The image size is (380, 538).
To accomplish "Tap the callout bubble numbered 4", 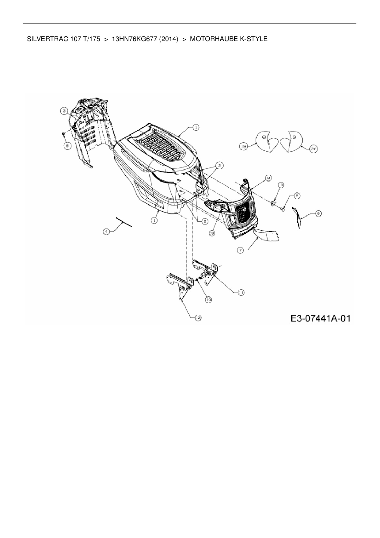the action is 106,232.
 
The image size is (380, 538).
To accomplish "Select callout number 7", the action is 240,250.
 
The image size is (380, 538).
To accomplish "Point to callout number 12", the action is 198,318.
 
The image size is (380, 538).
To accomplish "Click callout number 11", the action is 241,293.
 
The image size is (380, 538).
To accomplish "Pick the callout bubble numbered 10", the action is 208,300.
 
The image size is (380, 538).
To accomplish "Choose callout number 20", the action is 313,149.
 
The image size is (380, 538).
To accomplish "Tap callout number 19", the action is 244,147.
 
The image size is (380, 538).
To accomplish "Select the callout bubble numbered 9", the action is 268,177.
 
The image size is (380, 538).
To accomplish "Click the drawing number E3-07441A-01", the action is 320,318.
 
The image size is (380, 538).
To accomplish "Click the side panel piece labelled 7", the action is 267,235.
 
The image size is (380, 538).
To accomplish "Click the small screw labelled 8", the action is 63,133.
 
